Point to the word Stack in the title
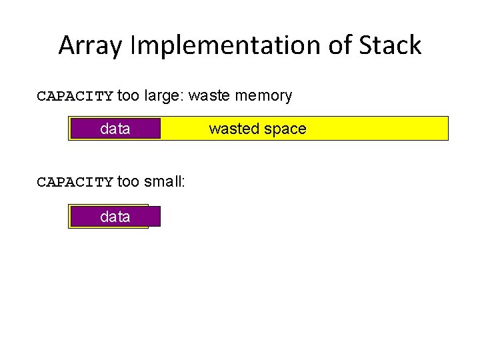[393, 45]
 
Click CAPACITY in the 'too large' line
[75, 96]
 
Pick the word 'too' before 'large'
[129, 96]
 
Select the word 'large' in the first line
[161, 96]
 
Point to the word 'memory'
[263, 96]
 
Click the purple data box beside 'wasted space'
[115, 129]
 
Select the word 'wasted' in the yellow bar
[231, 129]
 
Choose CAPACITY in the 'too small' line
[75, 182]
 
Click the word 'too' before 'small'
[129, 182]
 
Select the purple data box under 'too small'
[115, 217]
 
